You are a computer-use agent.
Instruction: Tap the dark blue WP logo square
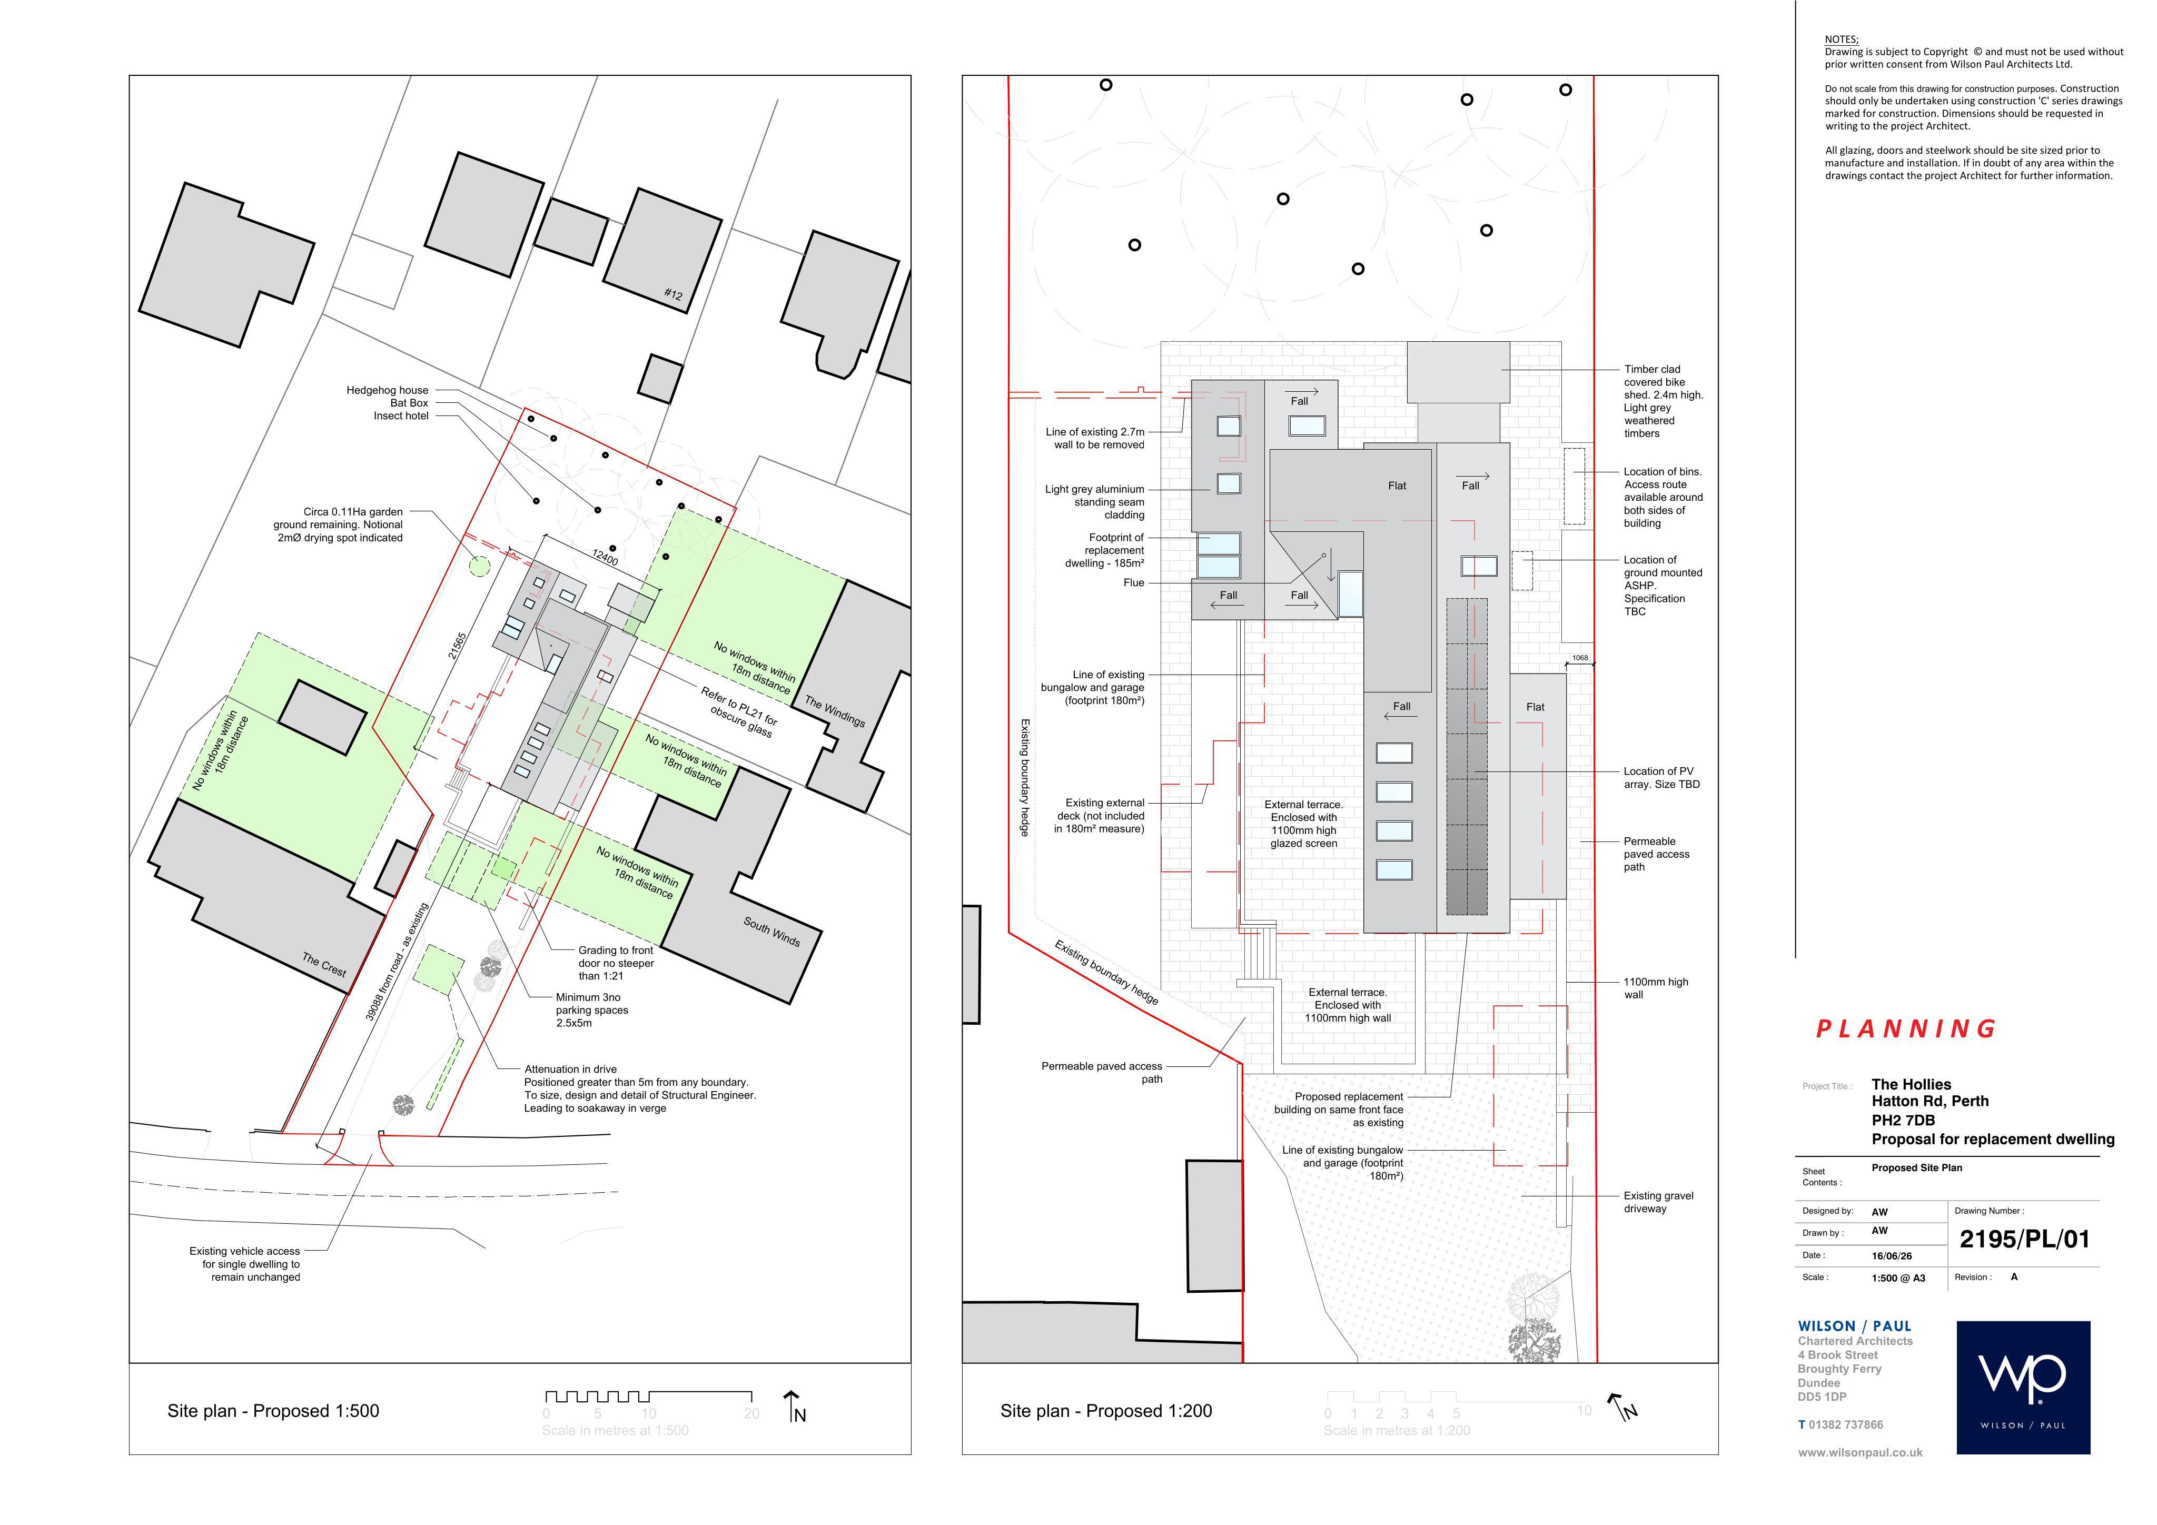(x=2024, y=1388)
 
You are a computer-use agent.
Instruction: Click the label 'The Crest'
(x=324, y=964)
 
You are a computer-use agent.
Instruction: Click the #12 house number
(x=674, y=294)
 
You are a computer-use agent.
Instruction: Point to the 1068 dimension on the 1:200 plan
(x=1580, y=658)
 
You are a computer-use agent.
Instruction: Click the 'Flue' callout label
(x=1134, y=582)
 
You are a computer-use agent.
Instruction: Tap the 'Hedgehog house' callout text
(x=387, y=390)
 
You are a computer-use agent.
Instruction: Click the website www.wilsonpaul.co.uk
(x=1860, y=1453)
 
